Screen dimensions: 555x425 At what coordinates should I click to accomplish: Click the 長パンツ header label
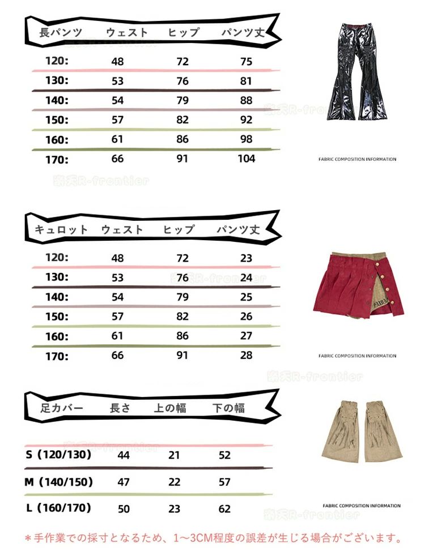coord(61,33)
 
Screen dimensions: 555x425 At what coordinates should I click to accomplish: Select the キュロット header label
coord(62,230)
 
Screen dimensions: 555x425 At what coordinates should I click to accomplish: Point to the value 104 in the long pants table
coord(246,159)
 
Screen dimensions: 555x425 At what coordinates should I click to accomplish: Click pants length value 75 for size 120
coord(246,62)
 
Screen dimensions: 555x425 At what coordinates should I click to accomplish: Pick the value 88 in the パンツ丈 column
coord(246,100)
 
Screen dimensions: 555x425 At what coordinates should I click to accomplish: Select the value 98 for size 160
coord(246,139)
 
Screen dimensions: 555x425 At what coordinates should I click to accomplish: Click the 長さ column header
coord(120,408)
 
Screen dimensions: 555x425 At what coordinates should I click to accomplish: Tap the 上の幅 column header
coord(170,408)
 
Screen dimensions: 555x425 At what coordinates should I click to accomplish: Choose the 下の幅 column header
coord(228,408)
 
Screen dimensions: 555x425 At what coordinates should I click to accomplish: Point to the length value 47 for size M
coord(124,483)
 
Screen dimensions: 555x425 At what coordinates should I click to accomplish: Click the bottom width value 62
coord(224,509)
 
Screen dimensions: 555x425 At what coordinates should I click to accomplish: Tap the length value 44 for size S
coord(124,455)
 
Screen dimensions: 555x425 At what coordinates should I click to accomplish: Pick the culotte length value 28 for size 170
coord(246,355)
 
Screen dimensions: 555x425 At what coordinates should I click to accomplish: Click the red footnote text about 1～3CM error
coord(212,537)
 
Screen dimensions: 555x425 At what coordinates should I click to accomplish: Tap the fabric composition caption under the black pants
coord(357,159)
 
